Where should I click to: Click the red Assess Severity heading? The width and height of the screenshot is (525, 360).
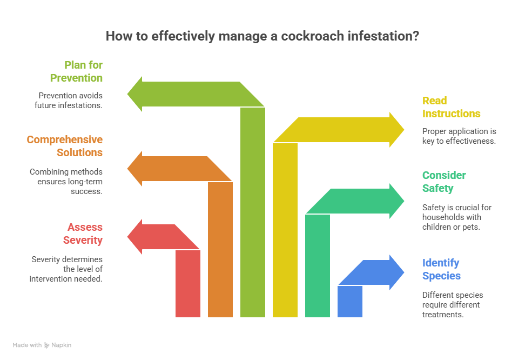click(x=85, y=234)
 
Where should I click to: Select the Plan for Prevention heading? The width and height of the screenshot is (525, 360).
click(x=76, y=71)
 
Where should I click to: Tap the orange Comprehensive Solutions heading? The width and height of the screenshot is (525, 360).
click(x=65, y=146)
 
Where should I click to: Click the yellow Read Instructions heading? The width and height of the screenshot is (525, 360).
click(x=451, y=107)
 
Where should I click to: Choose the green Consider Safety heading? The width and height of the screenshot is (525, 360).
click(x=443, y=182)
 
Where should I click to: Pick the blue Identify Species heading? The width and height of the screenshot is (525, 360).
click(x=441, y=269)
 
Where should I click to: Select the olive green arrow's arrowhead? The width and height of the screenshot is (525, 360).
click(x=136, y=94)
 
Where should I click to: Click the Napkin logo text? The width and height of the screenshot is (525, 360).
click(x=61, y=345)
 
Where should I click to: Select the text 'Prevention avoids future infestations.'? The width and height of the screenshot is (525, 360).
click(x=66, y=100)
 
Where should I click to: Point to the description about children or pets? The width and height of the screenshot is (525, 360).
click(x=456, y=217)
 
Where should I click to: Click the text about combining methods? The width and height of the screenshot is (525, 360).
click(x=66, y=182)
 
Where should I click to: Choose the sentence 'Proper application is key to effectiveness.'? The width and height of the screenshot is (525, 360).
click(x=459, y=136)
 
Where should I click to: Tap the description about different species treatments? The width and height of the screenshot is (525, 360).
click(x=452, y=305)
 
